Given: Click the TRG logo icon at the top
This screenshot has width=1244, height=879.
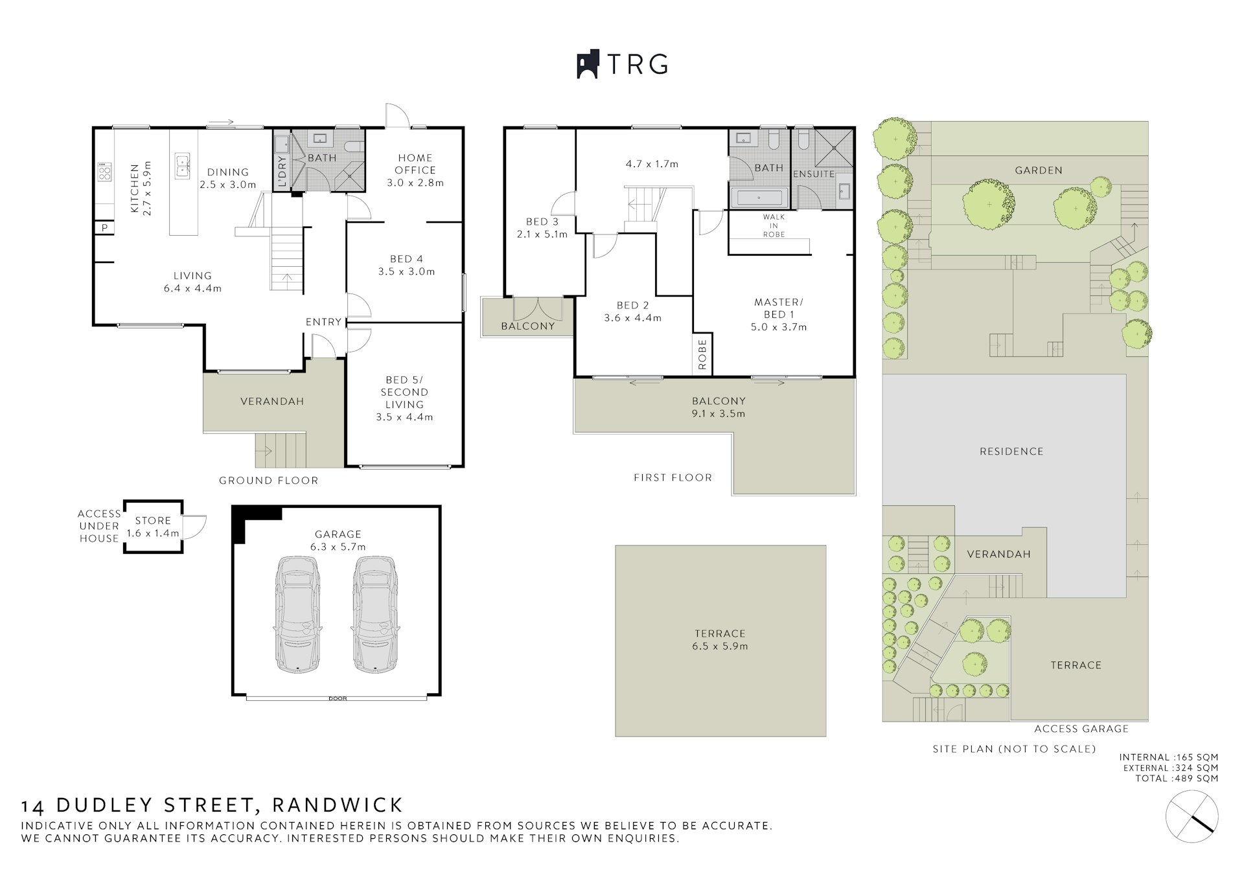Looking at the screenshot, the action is coord(588,64).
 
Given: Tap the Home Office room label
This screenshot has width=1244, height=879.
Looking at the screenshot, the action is coord(415,170).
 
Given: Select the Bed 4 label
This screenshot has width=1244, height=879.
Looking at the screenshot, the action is coord(406,265).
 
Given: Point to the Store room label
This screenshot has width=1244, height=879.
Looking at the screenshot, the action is coord(153,527).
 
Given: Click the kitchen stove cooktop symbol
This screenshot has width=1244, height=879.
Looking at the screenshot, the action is coord(104,172).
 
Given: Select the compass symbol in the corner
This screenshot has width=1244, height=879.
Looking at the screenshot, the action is coord(1192,816).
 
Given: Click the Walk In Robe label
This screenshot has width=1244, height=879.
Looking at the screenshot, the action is coord(774,225).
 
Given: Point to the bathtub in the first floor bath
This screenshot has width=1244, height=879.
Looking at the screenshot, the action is coord(759,198).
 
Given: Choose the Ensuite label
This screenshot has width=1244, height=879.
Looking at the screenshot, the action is coord(814,174).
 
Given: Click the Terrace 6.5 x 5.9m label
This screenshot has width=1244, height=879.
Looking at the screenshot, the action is coord(720,639).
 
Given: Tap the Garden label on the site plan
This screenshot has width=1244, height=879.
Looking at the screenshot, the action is coord(1039,170).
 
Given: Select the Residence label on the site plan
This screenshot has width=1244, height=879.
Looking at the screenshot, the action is coord(1011,451).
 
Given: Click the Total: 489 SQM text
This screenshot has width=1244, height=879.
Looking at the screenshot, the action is coord(1177,779).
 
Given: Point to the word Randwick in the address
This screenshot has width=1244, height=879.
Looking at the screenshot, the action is coord(338,805).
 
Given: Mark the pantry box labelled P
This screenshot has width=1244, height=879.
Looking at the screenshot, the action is coord(104,228).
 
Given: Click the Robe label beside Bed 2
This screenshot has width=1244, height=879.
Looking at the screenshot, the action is coord(703,354).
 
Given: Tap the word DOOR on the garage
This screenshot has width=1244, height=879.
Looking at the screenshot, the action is coord(338,699).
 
